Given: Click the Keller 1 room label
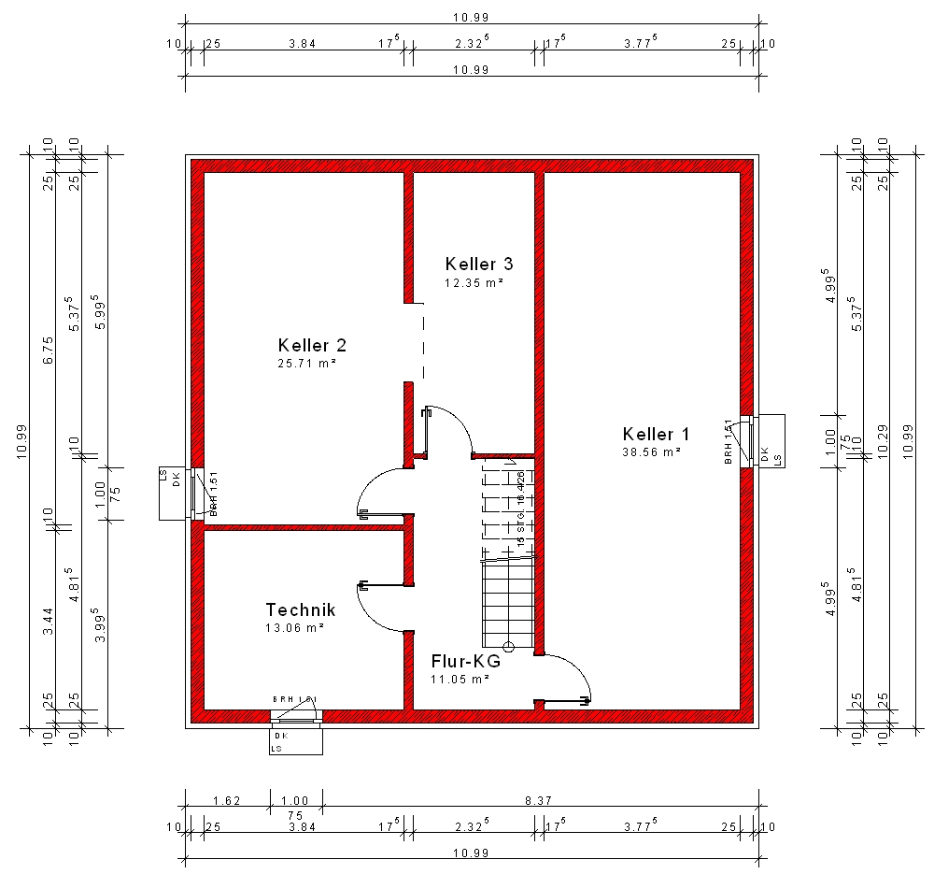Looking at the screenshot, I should (x=656, y=434).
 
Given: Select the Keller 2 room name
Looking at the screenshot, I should (x=312, y=345).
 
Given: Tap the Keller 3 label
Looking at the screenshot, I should (x=479, y=264).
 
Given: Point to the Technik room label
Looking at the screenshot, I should (x=300, y=609).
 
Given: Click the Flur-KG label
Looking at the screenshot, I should (x=466, y=661).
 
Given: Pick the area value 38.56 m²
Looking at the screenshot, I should (x=651, y=451).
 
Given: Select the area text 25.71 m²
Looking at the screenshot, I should (x=307, y=363).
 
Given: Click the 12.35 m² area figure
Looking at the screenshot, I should (x=474, y=281).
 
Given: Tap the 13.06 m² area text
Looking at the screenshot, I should (x=294, y=627).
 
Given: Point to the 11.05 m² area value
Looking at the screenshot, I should (x=460, y=680).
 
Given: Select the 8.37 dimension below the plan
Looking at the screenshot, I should (x=539, y=800).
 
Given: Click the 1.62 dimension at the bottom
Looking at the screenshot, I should (x=227, y=800).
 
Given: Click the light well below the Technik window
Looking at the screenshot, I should (x=296, y=741).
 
